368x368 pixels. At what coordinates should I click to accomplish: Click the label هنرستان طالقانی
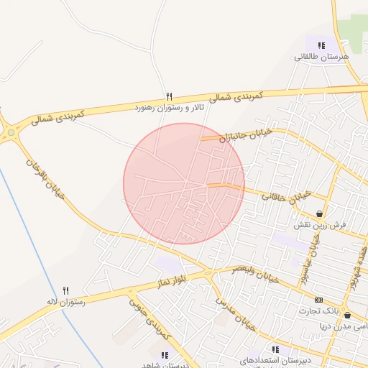[x=321, y=57]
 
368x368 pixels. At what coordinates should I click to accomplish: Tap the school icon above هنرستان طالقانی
[x=321, y=45]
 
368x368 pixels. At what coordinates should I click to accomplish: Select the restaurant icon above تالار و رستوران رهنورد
[x=170, y=96]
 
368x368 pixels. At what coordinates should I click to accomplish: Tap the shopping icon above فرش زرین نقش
[x=318, y=213]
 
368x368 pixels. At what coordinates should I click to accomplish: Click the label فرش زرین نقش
[x=319, y=225]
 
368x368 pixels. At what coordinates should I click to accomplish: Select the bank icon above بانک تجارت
[x=318, y=300]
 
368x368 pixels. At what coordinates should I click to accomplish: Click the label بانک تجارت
[x=318, y=311]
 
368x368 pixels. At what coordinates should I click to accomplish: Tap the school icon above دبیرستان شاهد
[x=165, y=354]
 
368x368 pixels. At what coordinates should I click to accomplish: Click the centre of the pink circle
[x=184, y=183]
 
